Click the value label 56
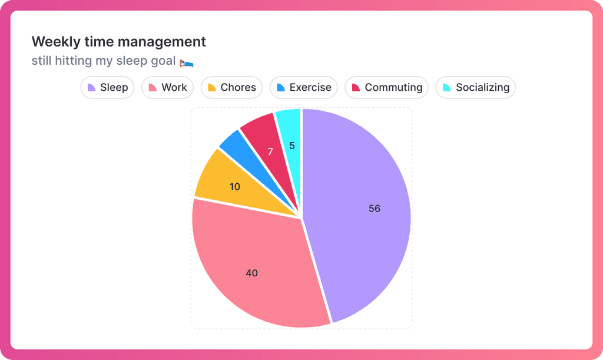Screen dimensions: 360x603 pos(375,209)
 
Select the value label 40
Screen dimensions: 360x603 pos(251,273)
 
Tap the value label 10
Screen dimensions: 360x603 pos(235,187)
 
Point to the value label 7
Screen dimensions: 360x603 pos(270,152)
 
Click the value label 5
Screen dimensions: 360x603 pos(292,146)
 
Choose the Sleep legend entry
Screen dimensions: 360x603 pos(108,88)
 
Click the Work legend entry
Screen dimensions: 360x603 pos(168,88)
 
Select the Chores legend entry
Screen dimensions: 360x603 pos(232,88)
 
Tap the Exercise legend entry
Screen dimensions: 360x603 pos(304,88)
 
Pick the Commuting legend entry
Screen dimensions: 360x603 pos(387,88)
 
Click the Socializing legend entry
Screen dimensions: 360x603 pos(476,88)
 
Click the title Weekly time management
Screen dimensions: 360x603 pos(119,42)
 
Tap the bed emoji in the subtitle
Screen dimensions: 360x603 pos(187,62)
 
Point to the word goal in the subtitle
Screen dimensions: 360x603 pos(163,61)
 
